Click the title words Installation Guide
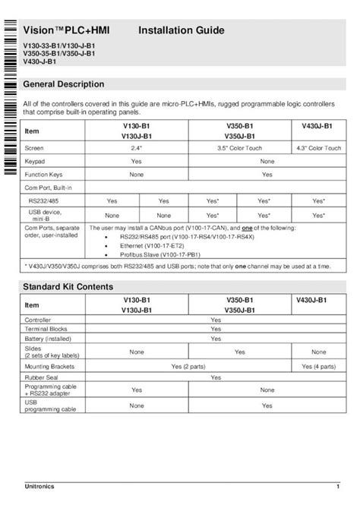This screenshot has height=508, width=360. [x=181, y=30]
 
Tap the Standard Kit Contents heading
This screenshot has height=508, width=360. [x=68, y=287]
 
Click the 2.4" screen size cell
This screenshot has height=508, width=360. [x=137, y=148]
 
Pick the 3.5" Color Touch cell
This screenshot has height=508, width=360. [x=245, y=148]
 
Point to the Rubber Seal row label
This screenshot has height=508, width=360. [x=42, y=377]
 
